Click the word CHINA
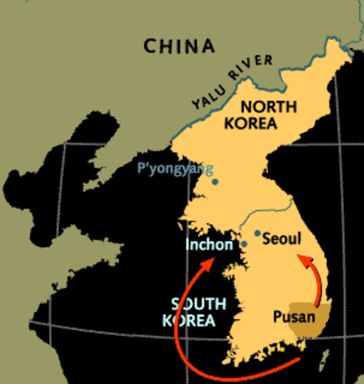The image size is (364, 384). click(180, 46)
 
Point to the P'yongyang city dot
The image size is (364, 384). click(215, 182)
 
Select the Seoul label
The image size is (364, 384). click(281, 238)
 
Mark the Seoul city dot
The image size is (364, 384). click(257, 233)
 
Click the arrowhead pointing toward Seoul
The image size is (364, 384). click(300, 258)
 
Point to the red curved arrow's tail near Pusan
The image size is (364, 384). click(298, 362)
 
